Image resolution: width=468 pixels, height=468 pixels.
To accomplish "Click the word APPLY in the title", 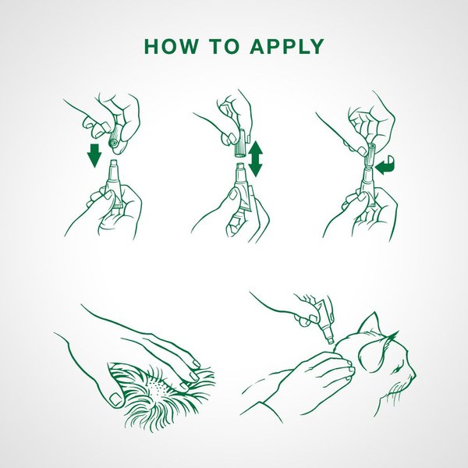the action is (287, 46).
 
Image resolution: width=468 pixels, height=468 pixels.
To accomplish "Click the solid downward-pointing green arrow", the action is (94, 155).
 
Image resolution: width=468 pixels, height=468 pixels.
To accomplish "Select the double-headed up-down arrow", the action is (255, 159).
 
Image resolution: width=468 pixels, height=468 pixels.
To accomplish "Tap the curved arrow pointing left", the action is (385, 165).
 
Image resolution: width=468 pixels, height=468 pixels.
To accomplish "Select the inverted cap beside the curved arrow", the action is (370, 155).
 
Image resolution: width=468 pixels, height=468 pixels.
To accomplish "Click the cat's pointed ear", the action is (369, 323).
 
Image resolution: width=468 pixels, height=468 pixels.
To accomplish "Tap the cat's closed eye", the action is (397, 370).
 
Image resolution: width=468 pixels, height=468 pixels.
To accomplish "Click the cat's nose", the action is (414, 377).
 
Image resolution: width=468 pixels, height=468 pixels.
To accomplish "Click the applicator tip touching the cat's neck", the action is (331, 340).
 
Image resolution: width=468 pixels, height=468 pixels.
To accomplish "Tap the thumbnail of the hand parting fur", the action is (115, 399).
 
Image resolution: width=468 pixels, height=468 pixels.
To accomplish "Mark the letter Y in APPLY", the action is (316, 46).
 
